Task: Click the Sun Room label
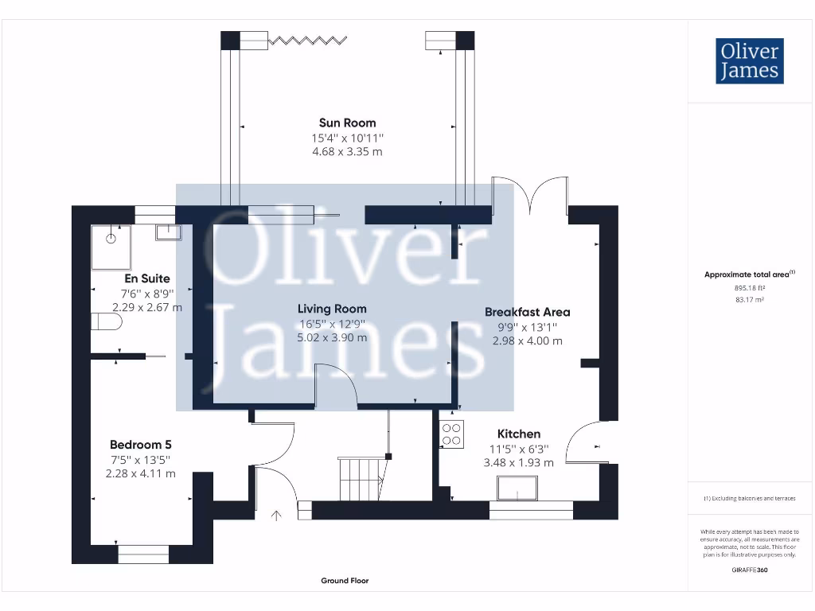tap(347, 123)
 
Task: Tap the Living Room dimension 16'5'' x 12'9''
tap(332, 323)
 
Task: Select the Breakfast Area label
tap(527, 312)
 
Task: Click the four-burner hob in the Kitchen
tap(451, 434)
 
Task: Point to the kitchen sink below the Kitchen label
tap(517, 488)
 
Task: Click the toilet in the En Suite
tap(107, 321)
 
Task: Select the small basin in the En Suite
tap(168, 232)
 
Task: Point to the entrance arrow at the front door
tap(276, 516)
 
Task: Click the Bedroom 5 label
tap(140, 445)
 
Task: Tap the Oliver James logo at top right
tap(749, 60)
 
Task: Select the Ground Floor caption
tap(345, 581)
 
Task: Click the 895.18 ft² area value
tap(749, 289)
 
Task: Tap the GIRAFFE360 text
tap(750, 570)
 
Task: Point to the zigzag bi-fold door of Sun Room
tap(307, 40)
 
